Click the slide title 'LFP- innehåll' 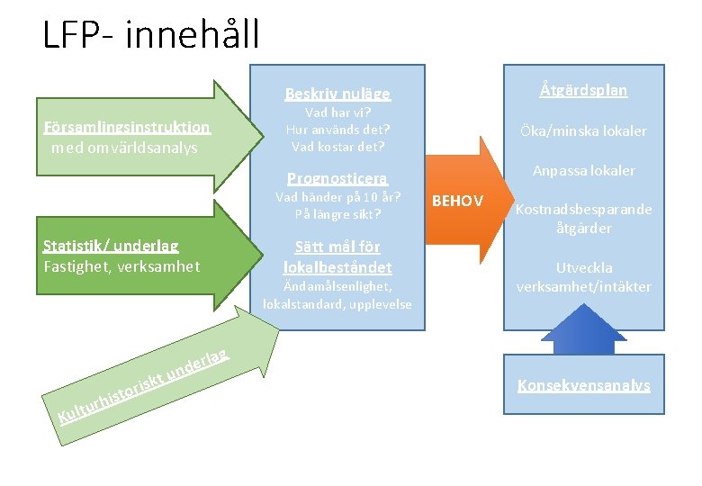pos(150,34)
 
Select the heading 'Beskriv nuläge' pos(337,94)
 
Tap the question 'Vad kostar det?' pos(337,146)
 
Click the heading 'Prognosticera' pos(337,178)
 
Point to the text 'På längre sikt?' pos(337,214)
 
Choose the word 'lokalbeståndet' pos(337,267)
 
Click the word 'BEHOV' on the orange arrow pos(458,200)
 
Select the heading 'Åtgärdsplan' pos(584,90)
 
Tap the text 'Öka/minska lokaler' pos(584,130)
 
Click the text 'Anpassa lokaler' pos(584,170)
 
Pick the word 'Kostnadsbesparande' pos(584,210)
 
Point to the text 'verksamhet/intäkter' pos(584,287)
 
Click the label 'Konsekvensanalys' pos(584,385)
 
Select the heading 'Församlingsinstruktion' pos(127,128)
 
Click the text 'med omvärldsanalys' pos(124,148)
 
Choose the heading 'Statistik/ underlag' pos(111,246)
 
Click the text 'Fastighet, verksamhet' pos(121,266)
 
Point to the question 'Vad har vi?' pos(337,113)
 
